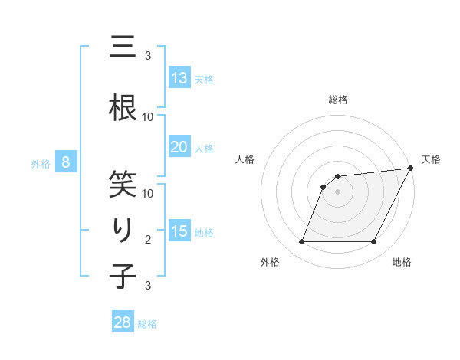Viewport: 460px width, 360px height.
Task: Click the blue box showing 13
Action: [x=179, y=77]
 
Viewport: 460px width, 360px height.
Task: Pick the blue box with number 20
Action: [x=179, y=147]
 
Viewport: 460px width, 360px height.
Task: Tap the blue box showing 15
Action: [x=179, y=231]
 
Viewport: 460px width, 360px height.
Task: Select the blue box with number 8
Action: [x=66, y=162]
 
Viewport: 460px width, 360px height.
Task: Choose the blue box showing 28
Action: [x=123, y=322]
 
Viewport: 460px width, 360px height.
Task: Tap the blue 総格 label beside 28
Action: [x=148, y=324]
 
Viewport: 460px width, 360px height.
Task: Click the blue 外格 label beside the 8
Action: [x=40, y=164]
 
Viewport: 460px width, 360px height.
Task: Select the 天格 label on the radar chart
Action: [x=431, y=159]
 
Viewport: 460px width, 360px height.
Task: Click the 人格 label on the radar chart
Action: [x=245, y=159]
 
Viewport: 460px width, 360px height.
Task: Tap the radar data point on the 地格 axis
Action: [x=374, y=242]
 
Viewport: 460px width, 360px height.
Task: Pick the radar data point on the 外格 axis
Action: [x=301, y=242]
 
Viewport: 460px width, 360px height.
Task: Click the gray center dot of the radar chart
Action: [x=337, y=192]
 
